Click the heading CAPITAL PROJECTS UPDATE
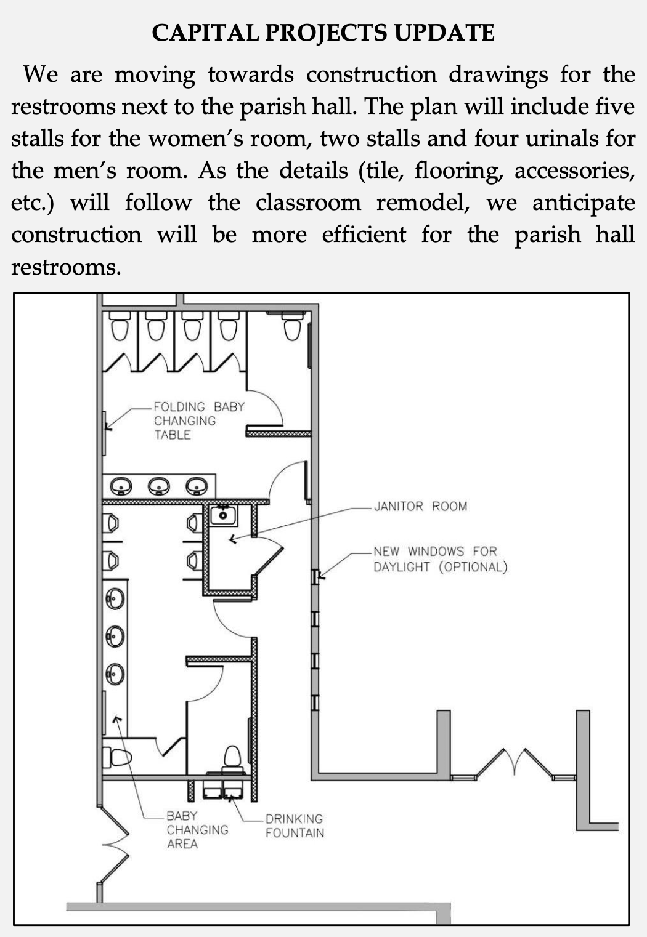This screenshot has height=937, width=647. tap(323, 33)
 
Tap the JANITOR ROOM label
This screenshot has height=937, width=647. tap(420, 506)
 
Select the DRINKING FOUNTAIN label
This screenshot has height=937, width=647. tap(295, 826)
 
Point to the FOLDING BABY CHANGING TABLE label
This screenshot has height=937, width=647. tap(199, 421)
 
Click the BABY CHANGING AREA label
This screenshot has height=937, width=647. tap(197, 829)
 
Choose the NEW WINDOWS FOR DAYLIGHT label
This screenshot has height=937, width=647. tap(440, 559)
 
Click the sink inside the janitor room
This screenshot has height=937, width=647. tap(223, 515)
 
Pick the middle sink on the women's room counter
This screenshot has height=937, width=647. tap(159, 486)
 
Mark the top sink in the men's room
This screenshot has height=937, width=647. tap(115, 598)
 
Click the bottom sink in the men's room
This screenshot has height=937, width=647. tap(115, 674)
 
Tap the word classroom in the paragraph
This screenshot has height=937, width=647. tap(308, 203)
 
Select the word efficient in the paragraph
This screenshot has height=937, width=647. tap(364, 234)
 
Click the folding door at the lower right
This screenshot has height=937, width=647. tap(515, 765)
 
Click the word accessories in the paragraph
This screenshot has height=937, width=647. tap(574, 171)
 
